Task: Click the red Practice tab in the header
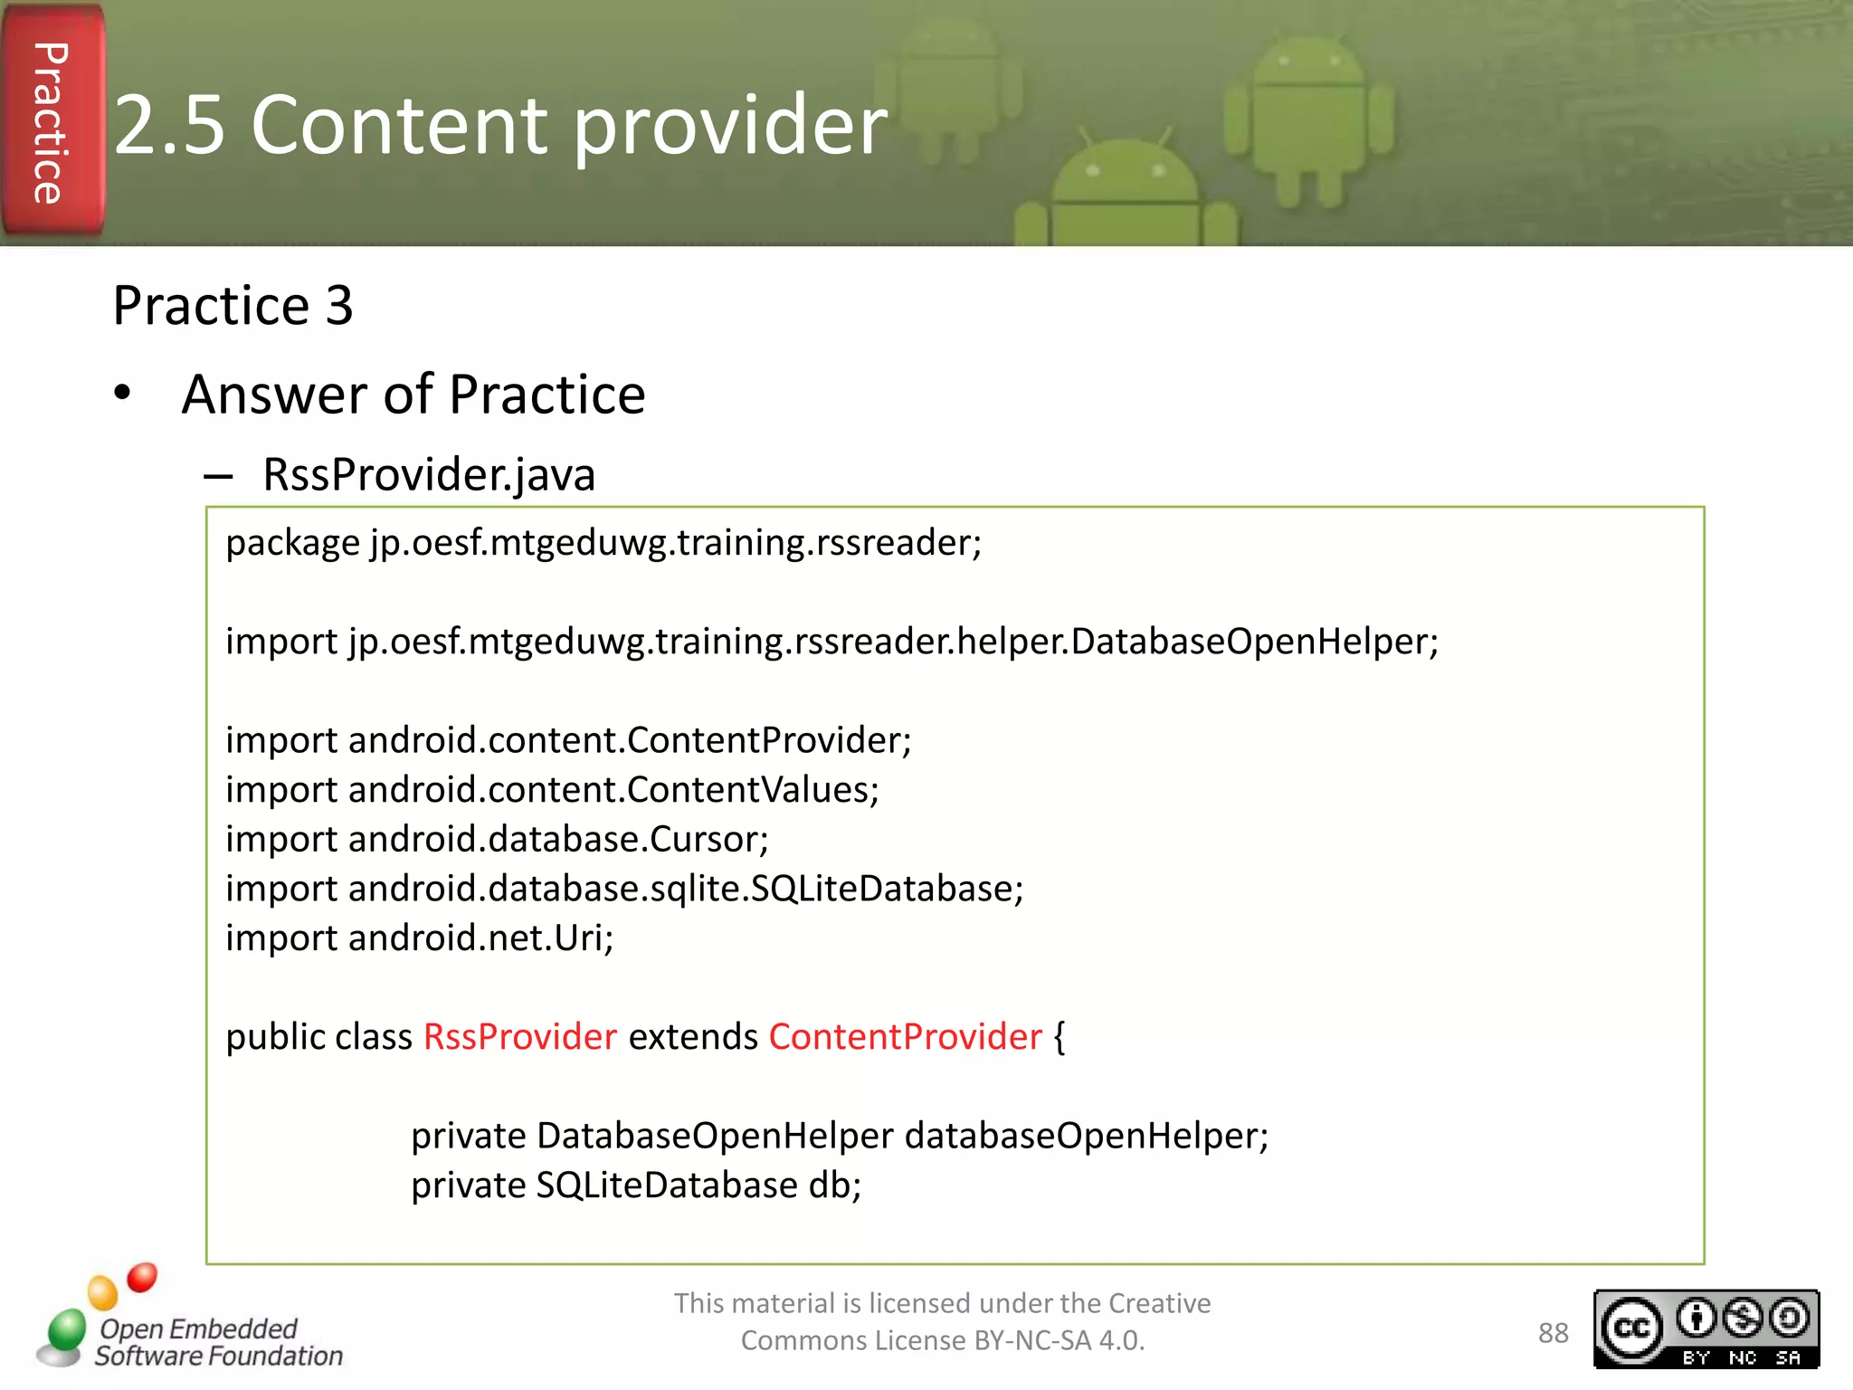(x=52, y=122)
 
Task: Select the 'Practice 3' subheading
(x=233, y=306)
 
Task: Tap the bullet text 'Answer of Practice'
(x=413, y=395)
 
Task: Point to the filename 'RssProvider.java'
(x=429, y=475)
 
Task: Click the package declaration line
(x=603, y=543)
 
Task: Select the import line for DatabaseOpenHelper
(x=831, y=642)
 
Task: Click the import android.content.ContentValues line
(x=552, y=790)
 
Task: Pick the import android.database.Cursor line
(x=497, y=840)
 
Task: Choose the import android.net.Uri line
(x=419, y=938)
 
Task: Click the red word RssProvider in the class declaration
(x=520, y=1037)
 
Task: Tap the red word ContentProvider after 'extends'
(x=905, y=1037)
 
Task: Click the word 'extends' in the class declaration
(x=693, y=1037)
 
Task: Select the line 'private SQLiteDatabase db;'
(x=636, y=1185)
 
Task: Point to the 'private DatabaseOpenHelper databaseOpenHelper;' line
(x=840, y=1136)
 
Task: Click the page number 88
(x=1553, y=1333)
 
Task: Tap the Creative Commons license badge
(x=1706, y=1328)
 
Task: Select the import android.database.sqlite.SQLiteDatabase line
(x=624, y=889)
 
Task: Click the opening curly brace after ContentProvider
(x=1060, y=1037)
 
